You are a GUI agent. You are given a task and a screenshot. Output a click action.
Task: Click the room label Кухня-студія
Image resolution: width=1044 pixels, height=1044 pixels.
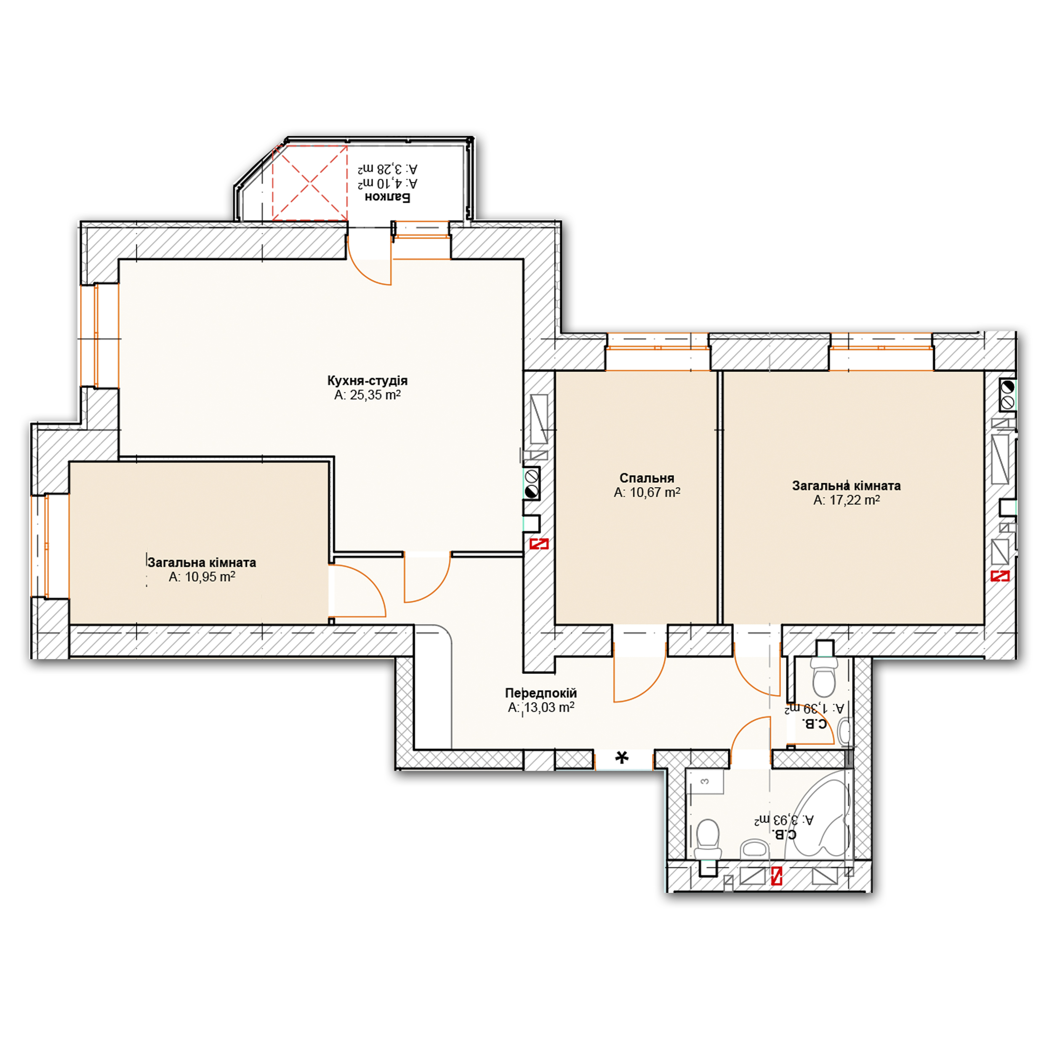[368, 381]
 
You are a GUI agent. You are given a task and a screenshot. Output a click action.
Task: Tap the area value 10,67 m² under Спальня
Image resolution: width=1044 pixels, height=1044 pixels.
[654, 492]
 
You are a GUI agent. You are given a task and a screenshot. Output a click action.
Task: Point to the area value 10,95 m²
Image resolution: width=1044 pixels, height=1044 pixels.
[210, 577]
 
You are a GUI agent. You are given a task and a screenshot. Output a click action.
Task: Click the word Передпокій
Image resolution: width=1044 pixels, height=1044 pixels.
[541, 693]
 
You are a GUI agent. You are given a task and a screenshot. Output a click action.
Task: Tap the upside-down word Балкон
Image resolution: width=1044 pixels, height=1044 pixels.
[387, 197]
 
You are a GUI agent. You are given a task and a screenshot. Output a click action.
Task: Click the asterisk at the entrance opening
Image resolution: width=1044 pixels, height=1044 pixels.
[623, 758]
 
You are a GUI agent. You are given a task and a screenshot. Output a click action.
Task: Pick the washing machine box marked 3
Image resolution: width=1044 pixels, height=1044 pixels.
[705, 781]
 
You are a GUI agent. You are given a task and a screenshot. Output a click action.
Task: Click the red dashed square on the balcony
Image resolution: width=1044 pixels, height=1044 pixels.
[310, 183]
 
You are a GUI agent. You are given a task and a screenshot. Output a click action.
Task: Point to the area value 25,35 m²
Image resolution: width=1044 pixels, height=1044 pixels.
[375, 395]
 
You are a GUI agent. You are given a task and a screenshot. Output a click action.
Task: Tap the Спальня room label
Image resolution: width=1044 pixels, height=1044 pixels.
[647, 478]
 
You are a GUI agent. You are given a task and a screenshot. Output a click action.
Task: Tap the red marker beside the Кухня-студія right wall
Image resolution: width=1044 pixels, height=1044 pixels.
[539, 543]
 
